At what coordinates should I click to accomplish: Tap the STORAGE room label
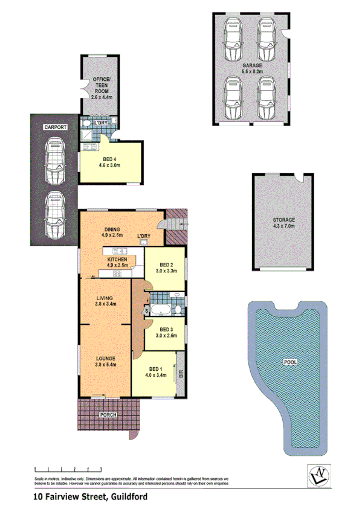[283, 220]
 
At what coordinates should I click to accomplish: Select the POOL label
[290, 362]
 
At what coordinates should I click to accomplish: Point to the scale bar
[68, 469]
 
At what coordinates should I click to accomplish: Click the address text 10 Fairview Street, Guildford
[90, 498]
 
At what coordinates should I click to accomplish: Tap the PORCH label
[109, 415]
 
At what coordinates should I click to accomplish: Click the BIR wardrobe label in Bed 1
[181, 374]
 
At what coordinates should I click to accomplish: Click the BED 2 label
[167, 265]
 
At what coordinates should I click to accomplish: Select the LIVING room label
[106, 298]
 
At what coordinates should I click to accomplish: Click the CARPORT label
[54, 127]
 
